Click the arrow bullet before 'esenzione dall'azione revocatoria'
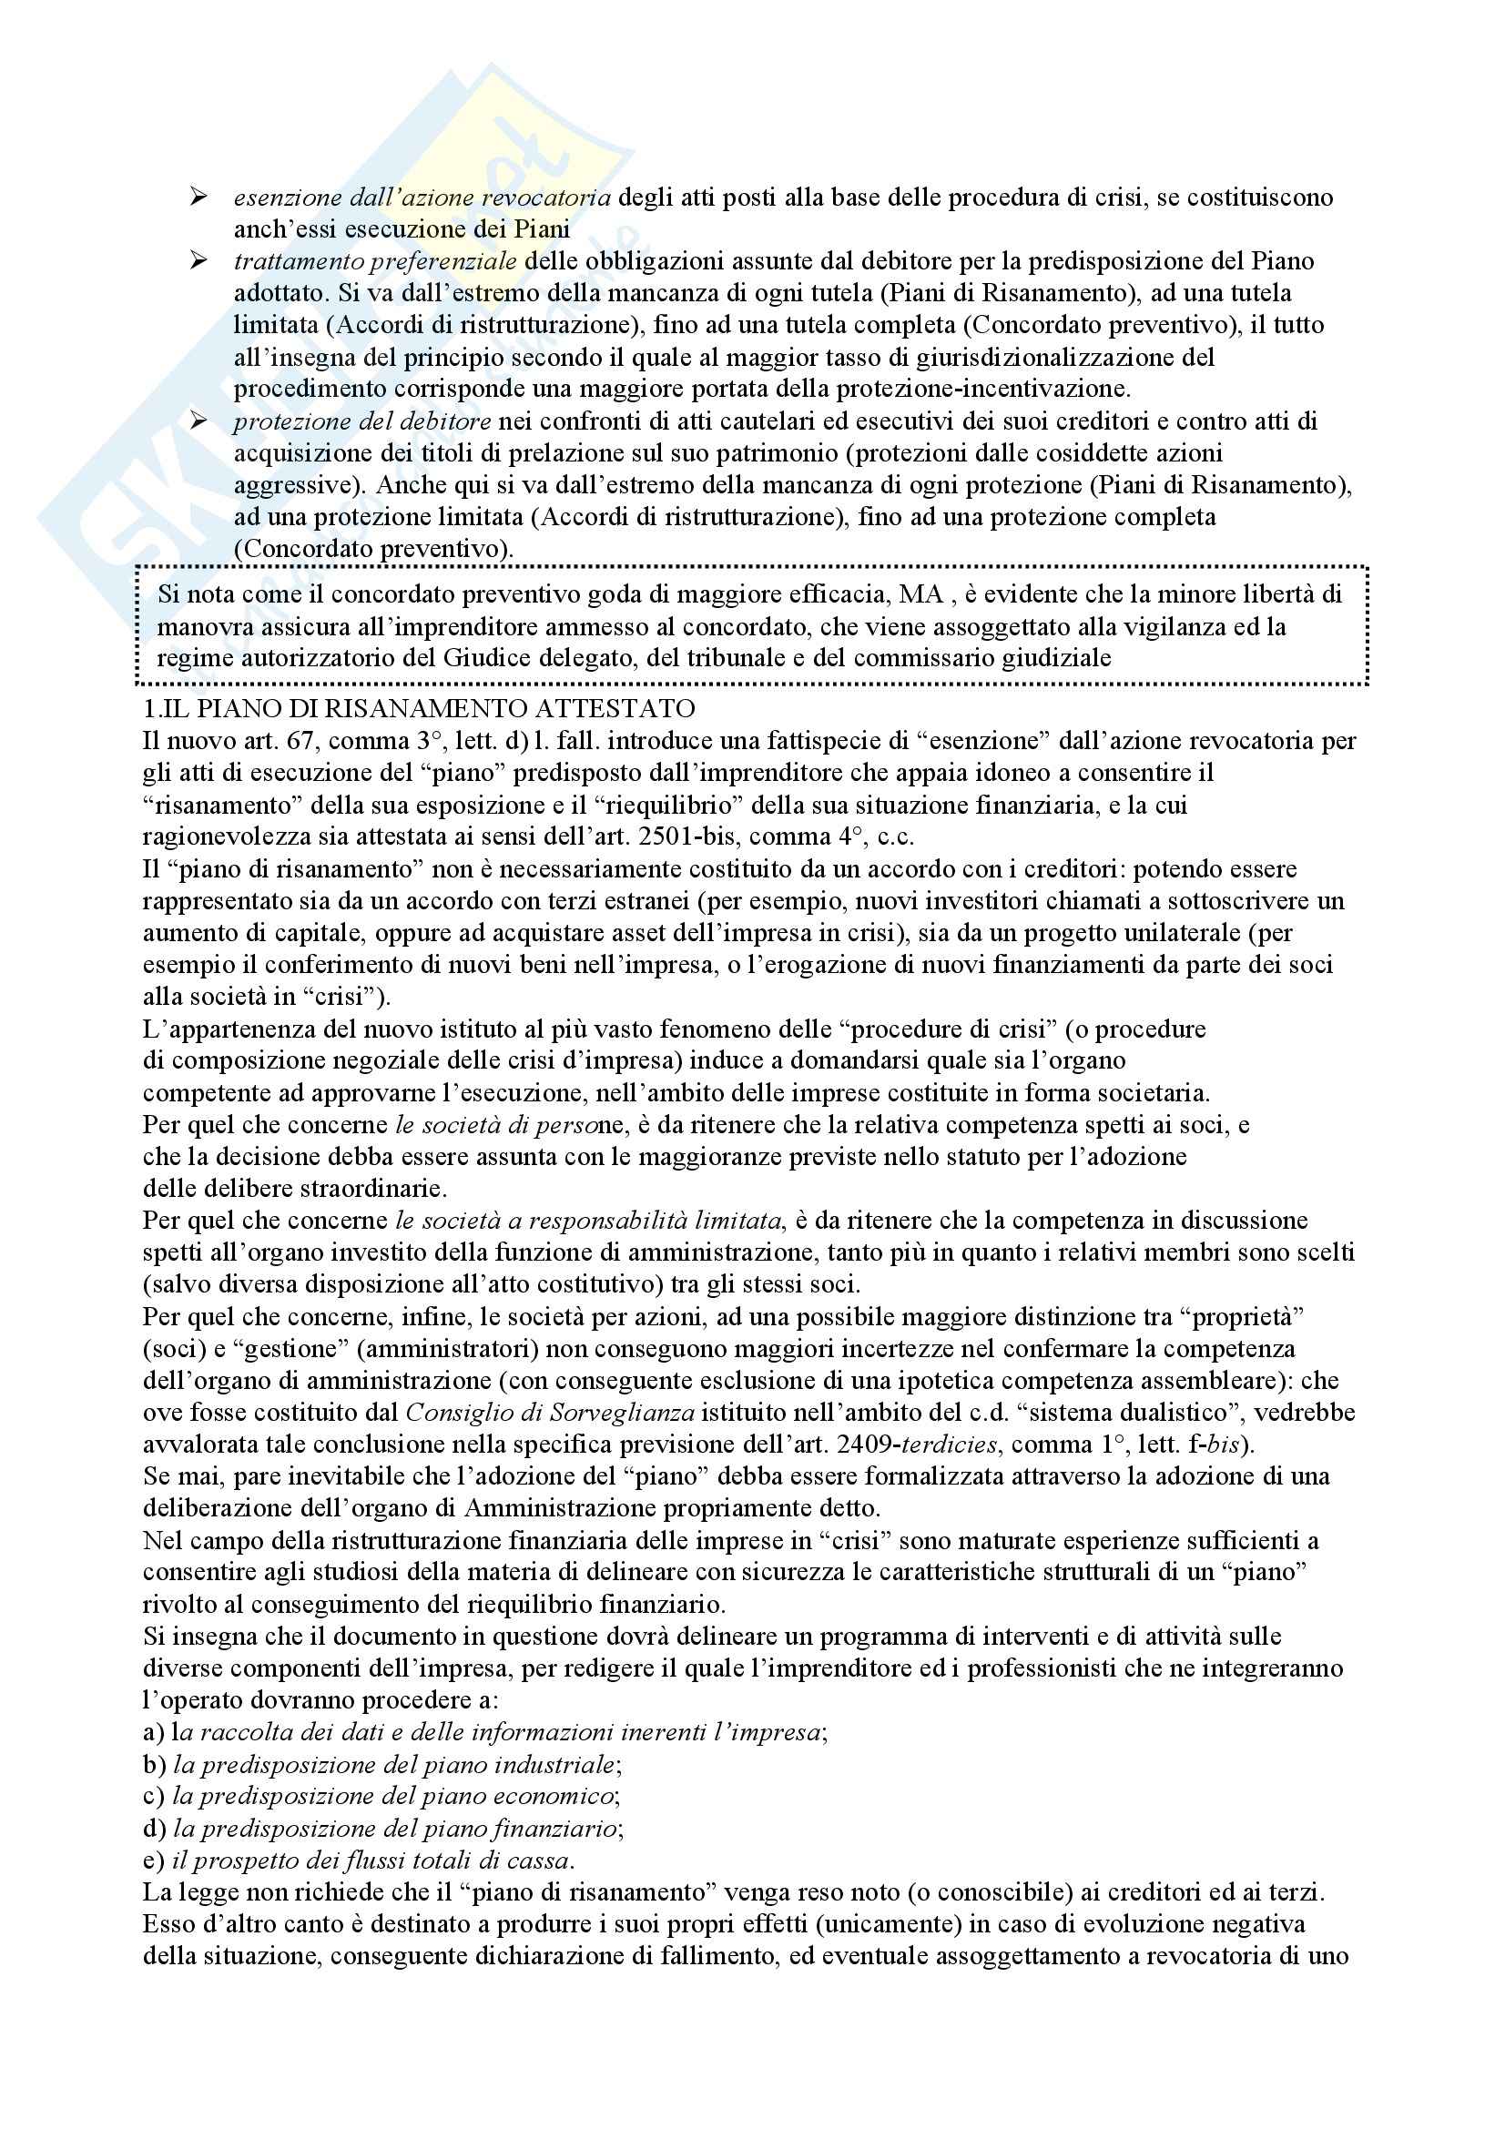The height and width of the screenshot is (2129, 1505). click(x=198, y=197)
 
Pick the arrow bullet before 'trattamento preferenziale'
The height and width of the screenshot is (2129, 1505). click(x=198, y=260)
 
